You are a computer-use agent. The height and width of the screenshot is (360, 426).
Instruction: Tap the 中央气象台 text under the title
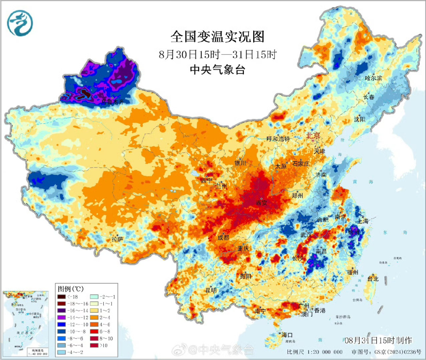tap(217, 70)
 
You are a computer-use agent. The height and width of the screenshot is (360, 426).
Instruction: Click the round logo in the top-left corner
tap(20, 22)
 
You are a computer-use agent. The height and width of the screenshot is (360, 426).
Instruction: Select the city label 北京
tap(314, 135)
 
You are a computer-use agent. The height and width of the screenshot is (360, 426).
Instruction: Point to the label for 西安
tap(262, 203)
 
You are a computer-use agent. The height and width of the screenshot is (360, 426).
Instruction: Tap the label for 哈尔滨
tap(374, 78)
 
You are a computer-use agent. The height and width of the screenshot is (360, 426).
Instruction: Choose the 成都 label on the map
tap(223, 237)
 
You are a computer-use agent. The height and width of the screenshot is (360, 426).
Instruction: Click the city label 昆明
tap(211, 290)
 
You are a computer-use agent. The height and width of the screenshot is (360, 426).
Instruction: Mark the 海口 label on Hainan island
tap(287, 335)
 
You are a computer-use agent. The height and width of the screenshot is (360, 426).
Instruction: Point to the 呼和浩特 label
tap(278, 139)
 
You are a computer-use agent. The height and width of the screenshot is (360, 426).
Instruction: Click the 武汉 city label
tap(306, 234)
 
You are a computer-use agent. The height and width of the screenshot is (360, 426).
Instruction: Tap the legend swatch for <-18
tap(62, 297)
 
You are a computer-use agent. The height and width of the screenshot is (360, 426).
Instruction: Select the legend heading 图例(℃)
tap(71, 289)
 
